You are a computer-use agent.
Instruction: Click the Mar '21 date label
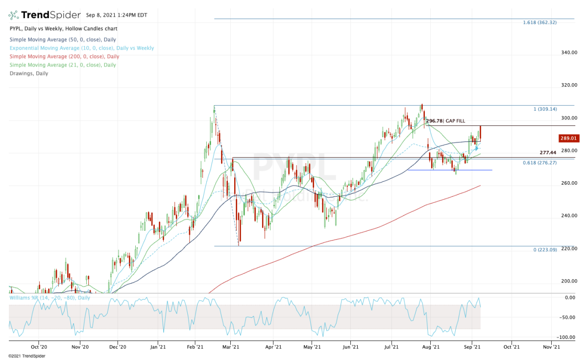[230, 347]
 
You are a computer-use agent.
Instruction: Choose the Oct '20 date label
[39, 347]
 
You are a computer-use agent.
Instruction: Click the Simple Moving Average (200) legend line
[61, 56]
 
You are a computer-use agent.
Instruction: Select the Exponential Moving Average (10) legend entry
[81, 48]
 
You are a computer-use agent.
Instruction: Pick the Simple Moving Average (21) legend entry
[62, 65]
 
